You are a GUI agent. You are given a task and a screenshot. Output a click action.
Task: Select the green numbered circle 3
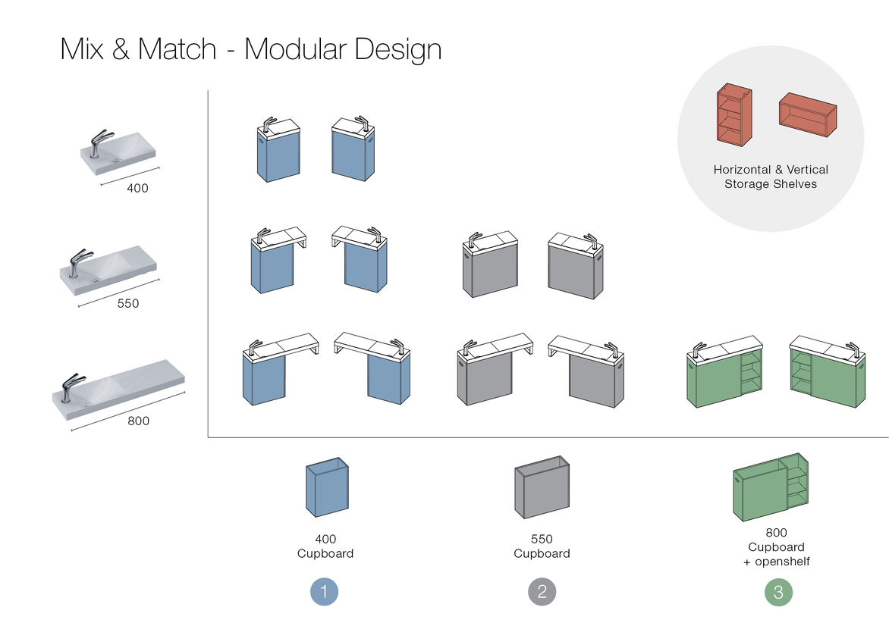[778, 592]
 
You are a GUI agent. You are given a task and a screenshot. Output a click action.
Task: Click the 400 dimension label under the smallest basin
[137, 188]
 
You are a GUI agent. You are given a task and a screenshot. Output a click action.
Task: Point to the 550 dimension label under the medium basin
[128, 303]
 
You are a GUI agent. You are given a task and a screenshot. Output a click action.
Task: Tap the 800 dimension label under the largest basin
[138, 421]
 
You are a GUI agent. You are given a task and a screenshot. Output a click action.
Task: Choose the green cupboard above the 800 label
[770, 487]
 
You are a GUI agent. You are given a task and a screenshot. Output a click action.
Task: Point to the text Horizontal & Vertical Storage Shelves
[771, 177]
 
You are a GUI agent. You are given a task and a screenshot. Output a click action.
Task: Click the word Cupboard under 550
[542, 553]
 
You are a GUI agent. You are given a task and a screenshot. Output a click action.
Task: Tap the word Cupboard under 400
[325, 553]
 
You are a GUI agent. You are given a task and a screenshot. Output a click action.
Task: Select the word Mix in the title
[82, 50]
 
